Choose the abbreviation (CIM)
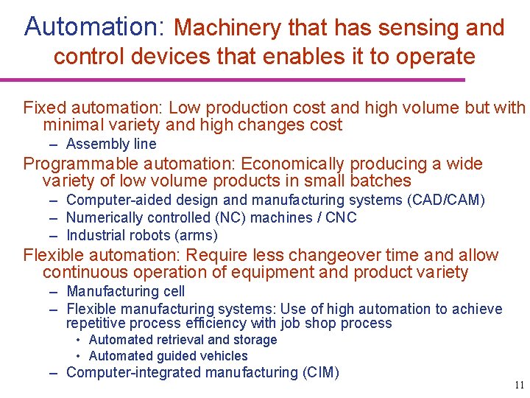(x=320, y=372)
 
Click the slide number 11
(x=519, y=385)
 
